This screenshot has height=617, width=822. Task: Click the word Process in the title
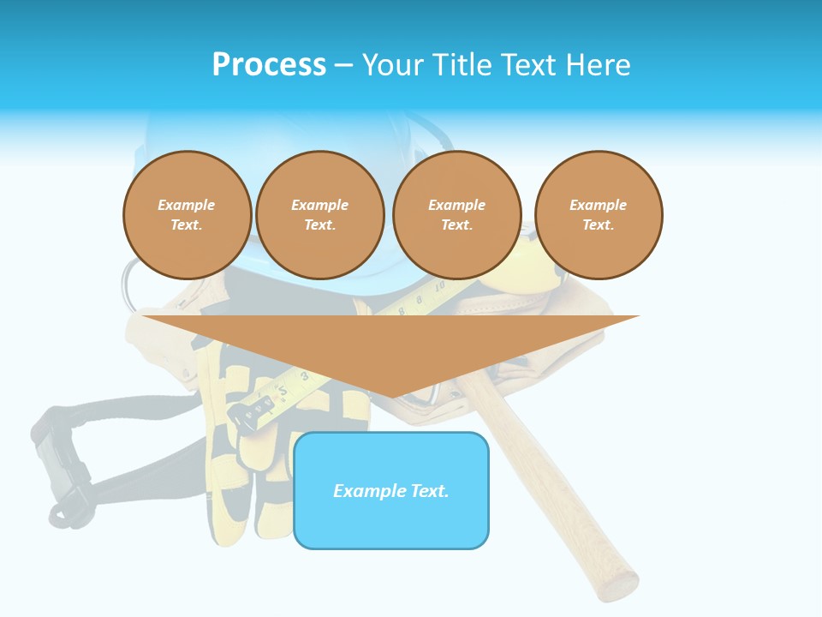(269, 65)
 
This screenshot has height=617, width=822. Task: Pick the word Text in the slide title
(530, 65)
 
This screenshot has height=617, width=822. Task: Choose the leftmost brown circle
(187, 215)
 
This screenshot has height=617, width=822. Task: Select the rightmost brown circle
(598, 215)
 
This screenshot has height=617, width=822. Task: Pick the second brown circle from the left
(319, 215)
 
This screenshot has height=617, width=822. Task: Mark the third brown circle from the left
(456, 215)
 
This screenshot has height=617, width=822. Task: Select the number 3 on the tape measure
(305, 375)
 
